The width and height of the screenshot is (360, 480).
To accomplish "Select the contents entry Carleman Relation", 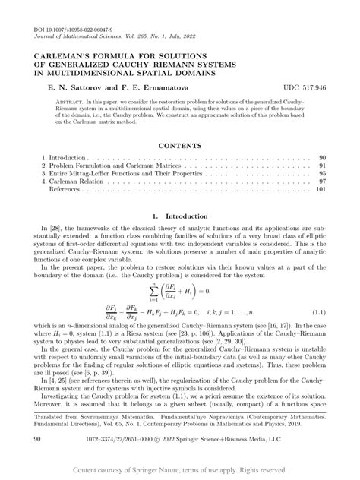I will coord(83,182).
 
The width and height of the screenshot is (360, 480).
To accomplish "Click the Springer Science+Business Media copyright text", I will coord(251,439).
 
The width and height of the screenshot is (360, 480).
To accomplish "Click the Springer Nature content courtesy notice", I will coord(180,471).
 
